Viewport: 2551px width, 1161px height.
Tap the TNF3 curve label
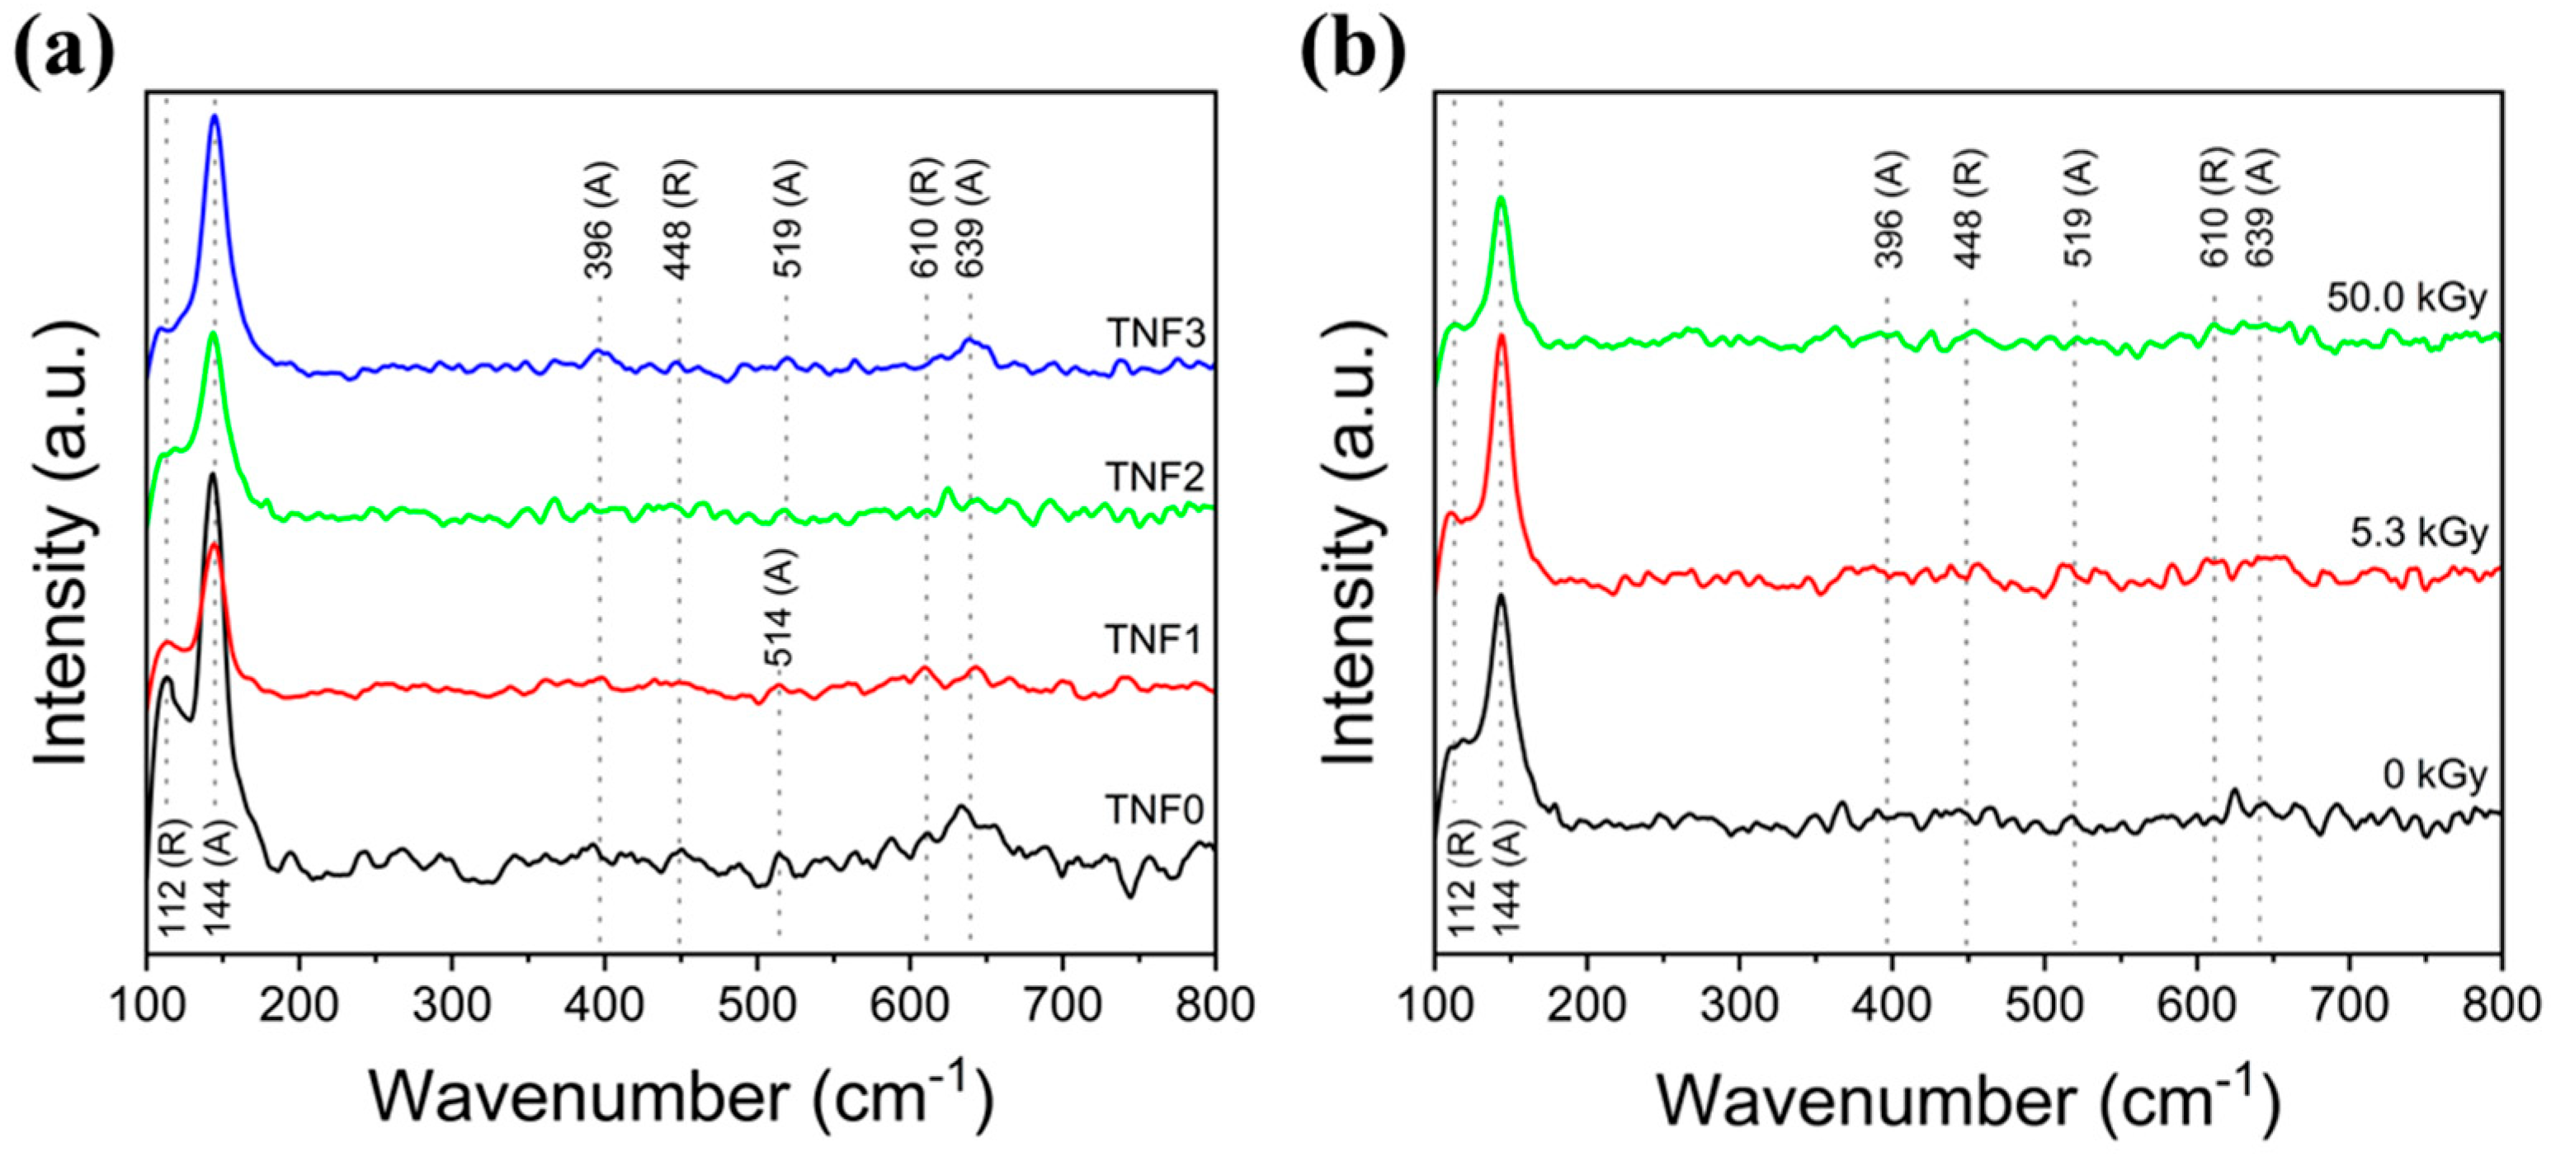click(x=1156, y=334)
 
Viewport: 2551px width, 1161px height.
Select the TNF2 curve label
click(x=1156, y=477)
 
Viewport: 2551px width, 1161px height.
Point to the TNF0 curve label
click(x=1156, y=811)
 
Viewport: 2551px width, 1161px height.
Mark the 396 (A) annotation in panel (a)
click(x=598, y=219)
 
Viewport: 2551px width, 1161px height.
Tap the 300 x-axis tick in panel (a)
click(x=451, y=1006)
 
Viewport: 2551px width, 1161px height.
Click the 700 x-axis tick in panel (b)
click(x=2349, y=1006)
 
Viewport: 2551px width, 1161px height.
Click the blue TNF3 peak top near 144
click(x=214, y=144)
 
